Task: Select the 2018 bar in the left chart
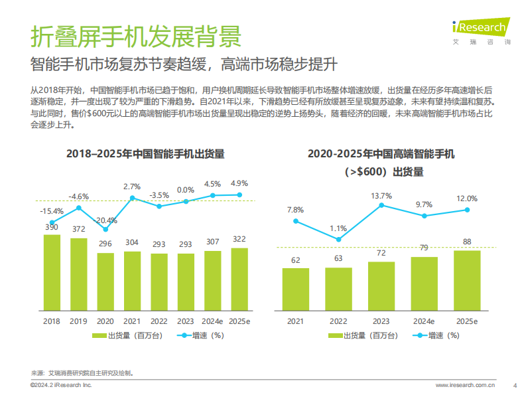coord(52,272)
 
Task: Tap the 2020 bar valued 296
coord(105,281)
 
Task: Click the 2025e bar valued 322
coord(239,279)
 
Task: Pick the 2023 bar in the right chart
coord(382,285)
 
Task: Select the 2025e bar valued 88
coord(467,280)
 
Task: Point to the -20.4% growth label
coord(105,220)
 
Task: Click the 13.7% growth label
coord(382,196)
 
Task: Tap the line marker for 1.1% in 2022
coord(339,239)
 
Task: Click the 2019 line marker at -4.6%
coord(79,208)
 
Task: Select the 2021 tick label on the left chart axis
coord(132,321)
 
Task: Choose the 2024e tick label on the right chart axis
coord(425,321)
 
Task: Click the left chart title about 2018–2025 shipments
coord(145,154)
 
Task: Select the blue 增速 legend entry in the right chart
coord(435,335)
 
